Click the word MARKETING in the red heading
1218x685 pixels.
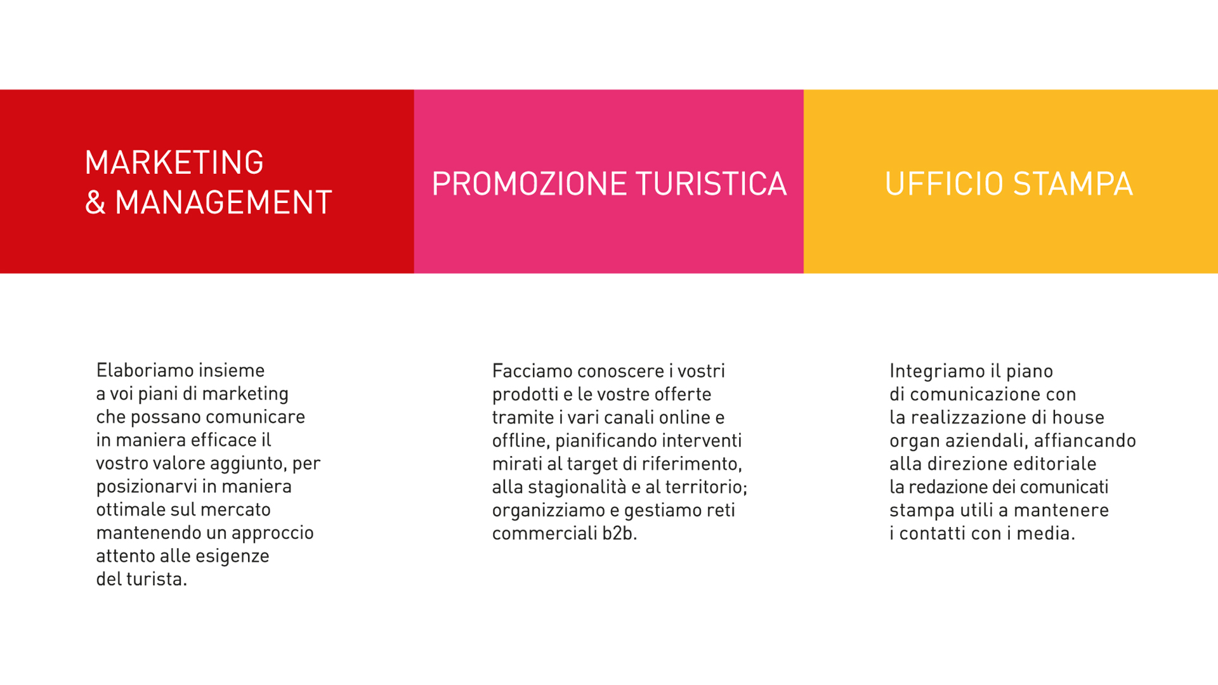174,162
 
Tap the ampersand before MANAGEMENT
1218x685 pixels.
95,202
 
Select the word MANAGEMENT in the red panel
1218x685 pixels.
223,202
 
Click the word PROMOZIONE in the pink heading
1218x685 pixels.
529,184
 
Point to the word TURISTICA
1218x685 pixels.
711,184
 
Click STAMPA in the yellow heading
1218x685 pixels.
1073,184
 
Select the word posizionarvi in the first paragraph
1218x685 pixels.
147,487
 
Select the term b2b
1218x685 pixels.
617,533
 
